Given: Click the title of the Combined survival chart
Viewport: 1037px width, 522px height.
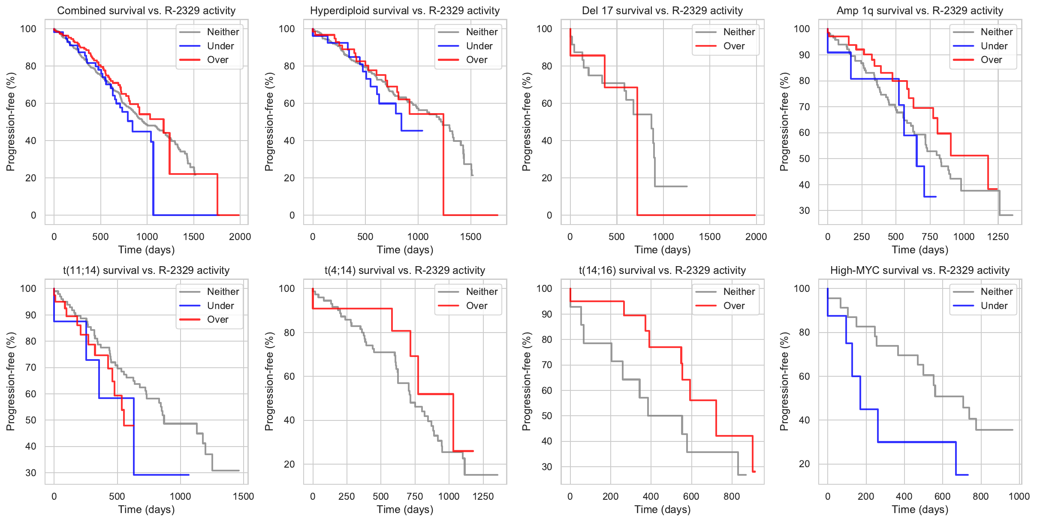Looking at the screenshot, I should pyautogui.click(x=146, y=11).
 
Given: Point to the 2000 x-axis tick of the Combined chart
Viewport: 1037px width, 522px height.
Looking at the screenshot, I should pyautogui.click(x=240, y=237).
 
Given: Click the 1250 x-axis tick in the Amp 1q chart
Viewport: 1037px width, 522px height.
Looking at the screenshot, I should pyautogui.click(x=998, y=237).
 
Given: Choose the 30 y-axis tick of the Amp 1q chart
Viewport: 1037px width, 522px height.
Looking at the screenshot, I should pyautogui.click(x=804, y=210).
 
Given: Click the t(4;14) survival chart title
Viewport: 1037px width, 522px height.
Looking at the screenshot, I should pyautogui.click(x=404, y=270).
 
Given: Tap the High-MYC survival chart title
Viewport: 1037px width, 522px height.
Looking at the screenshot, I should pyautogui.click(x=919, y=270).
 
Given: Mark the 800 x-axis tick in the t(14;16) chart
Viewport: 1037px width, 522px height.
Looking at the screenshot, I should pyautogui.click(x=732, y=496).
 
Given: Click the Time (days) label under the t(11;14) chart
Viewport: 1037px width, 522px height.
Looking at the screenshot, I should pyautogui.click(x=146, y=509).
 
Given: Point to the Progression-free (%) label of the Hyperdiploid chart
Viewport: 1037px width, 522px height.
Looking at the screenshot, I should pyautogui.click(x=269, y=122).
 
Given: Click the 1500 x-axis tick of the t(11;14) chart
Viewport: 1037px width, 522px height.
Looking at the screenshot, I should pyautogui.click(x=243, y=496).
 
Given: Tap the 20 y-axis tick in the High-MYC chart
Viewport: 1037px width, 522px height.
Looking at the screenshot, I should pyautogui.click(x=804, y=464).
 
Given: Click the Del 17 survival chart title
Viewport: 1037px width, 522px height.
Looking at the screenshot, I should pyautogui.click(x=662, y=11).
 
